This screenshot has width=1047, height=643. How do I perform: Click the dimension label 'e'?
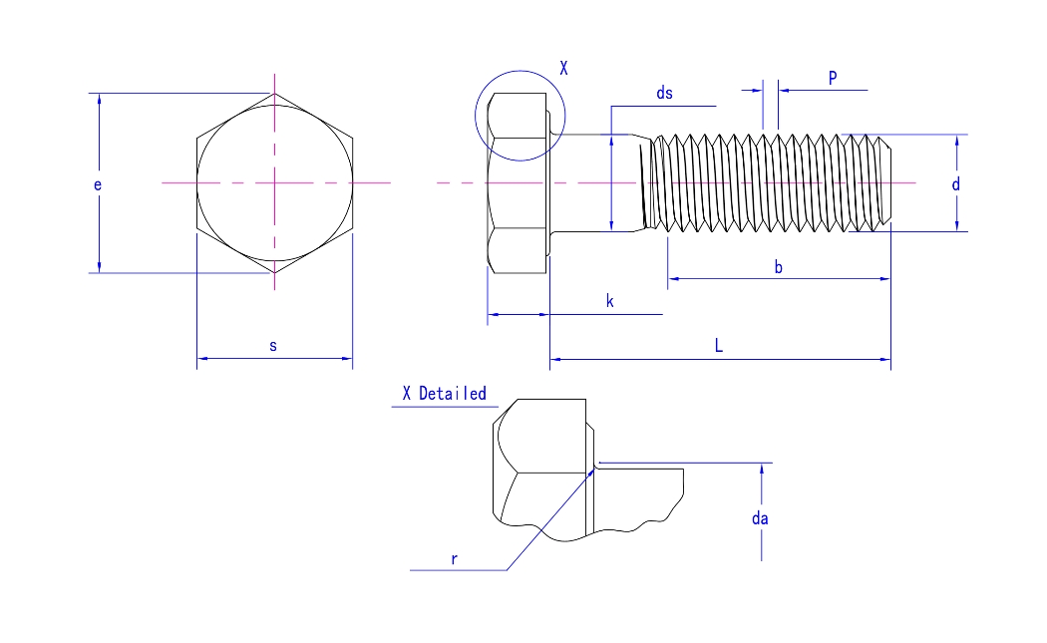click(98, 184)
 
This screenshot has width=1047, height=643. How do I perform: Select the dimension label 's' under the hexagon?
click(273, 345)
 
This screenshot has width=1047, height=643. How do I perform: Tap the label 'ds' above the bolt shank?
click(664, 93)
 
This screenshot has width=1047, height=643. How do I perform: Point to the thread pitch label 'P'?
click(833, 78)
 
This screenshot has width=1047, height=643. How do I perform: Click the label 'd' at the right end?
click(955, 184)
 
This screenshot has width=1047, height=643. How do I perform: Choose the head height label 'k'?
click(609, 301)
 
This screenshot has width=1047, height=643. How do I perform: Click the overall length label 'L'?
click(718, 345)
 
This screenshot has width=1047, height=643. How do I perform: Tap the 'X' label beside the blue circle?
click(563, 68)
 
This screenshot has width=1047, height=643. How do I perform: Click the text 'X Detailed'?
click(444, 394)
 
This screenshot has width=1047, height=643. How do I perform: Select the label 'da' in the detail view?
click(761, 517)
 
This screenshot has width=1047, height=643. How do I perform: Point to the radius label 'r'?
click(454, 558)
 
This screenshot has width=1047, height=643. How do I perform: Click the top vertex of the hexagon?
click(274, 94)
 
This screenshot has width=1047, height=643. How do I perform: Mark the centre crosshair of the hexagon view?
click(274, 182)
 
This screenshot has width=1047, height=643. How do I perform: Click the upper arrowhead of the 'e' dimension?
click(99, 99)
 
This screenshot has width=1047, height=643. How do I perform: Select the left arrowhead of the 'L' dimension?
click(554, 357)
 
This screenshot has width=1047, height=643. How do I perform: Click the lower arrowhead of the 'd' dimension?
click(956, 226)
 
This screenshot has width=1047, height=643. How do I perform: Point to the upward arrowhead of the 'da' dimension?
click(762, 469)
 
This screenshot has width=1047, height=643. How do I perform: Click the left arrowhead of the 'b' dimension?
click(673, 278)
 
